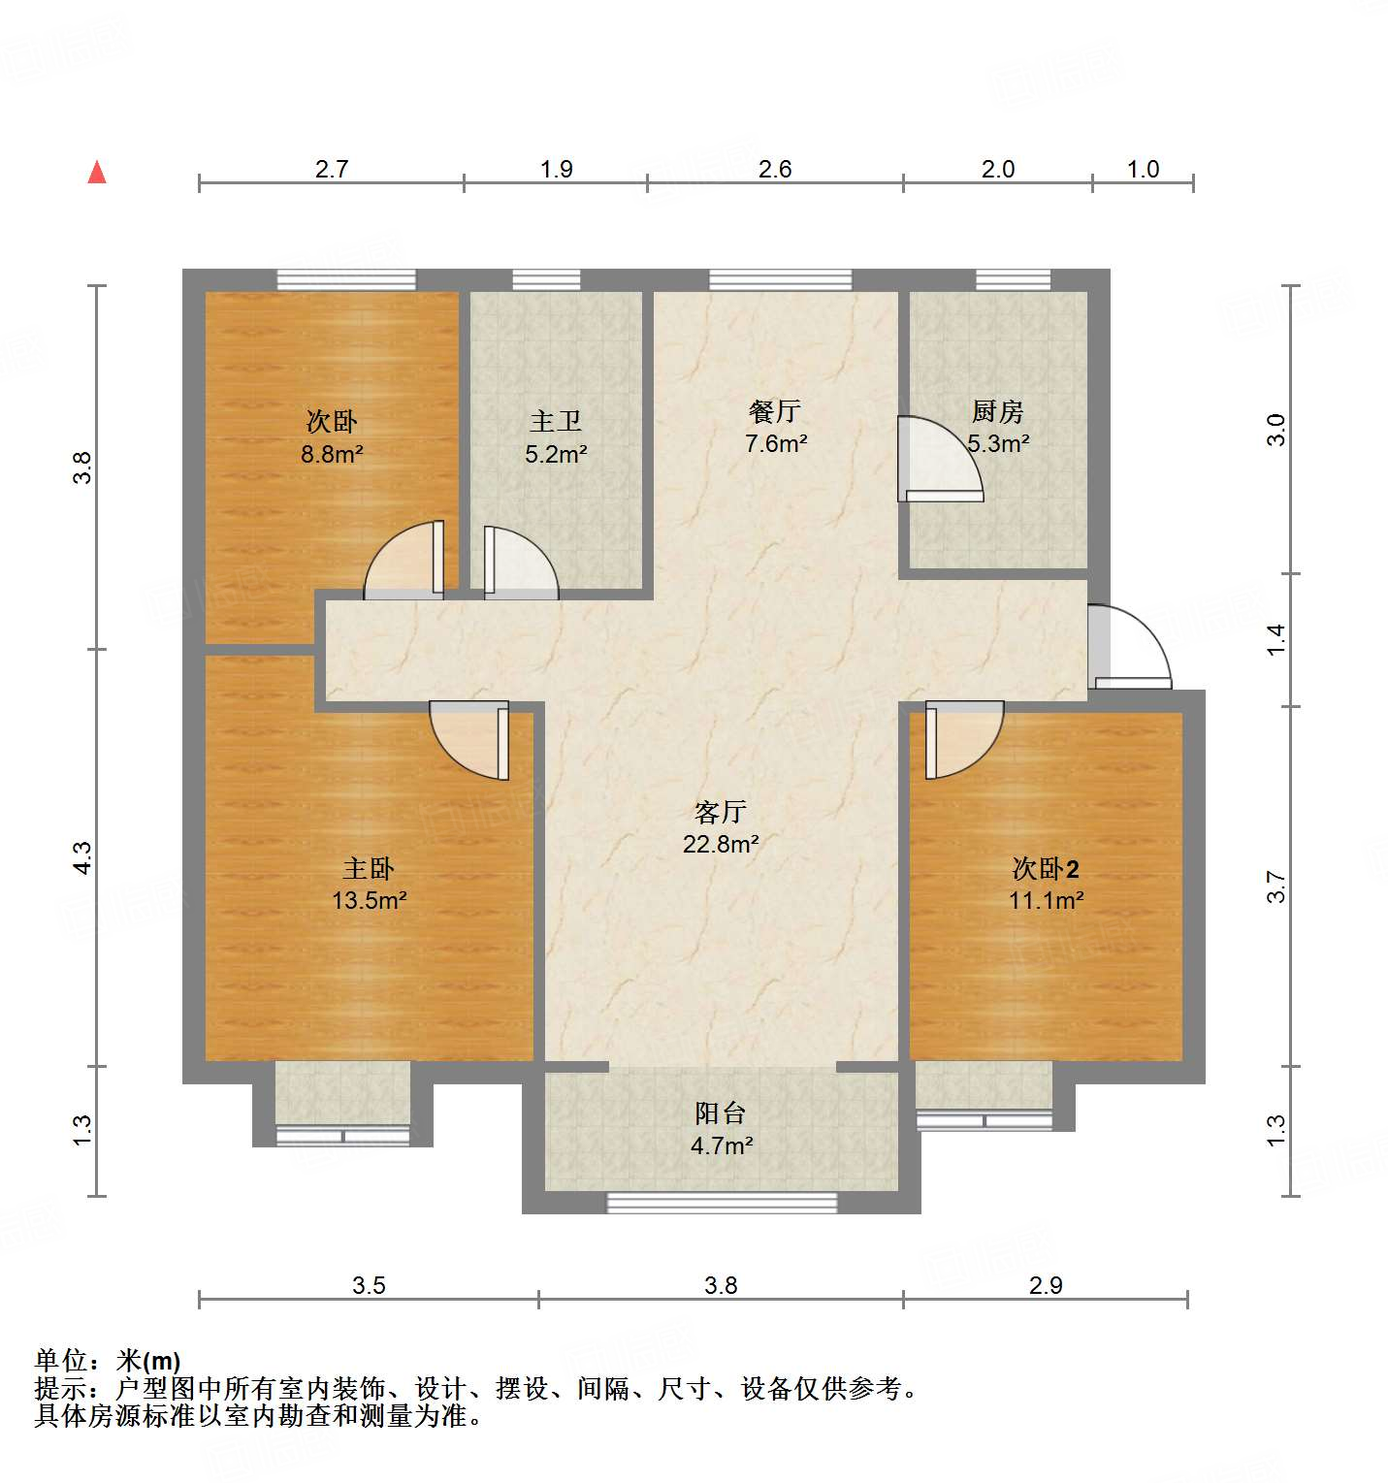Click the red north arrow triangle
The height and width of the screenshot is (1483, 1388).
point(97,172)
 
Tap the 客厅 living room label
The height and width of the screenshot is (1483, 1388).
point(721,811)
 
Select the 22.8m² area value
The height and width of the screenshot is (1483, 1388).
point(721,844)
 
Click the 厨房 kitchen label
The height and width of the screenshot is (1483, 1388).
point(998,411)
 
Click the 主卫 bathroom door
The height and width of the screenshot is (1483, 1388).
point(521,563)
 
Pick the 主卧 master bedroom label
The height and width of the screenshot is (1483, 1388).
point(369,868)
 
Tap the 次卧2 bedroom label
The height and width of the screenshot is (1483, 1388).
point(1046,868)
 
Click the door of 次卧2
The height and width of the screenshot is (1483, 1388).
point(964,739)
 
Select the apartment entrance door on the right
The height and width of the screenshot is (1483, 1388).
point(1129,647)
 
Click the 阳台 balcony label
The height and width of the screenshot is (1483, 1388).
point(721,1112)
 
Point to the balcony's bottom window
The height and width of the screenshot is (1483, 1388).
point(722,1203)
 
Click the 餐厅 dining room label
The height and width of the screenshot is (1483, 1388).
point(775,411)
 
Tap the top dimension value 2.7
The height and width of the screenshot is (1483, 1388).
point(332,169)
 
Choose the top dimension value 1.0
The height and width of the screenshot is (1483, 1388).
point(1143,169)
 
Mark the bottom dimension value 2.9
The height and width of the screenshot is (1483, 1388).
point(1046,1285)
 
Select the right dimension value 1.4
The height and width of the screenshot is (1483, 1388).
point(1275,639)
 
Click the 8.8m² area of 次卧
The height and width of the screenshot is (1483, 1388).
point(332,453)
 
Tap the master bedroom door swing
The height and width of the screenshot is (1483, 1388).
point(469,740)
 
